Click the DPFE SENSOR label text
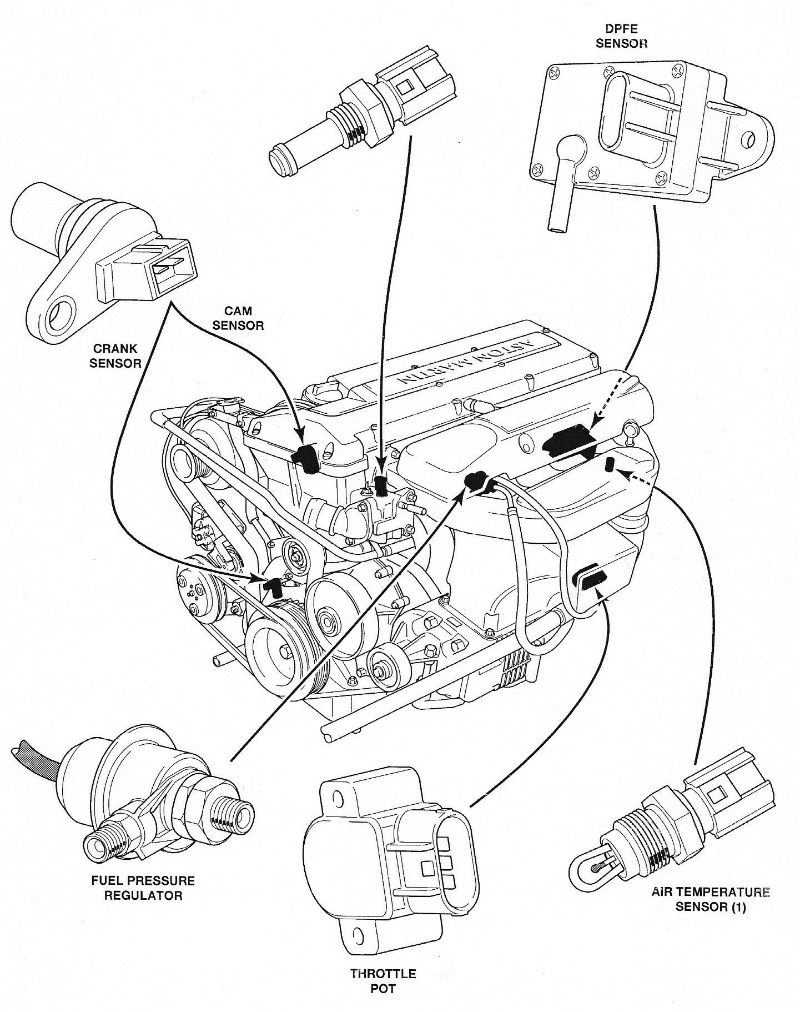(x=622, y=36)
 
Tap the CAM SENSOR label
(x=238, y=317)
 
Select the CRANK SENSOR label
(x=115, y=355)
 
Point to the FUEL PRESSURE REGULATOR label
(x=143, y=888)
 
